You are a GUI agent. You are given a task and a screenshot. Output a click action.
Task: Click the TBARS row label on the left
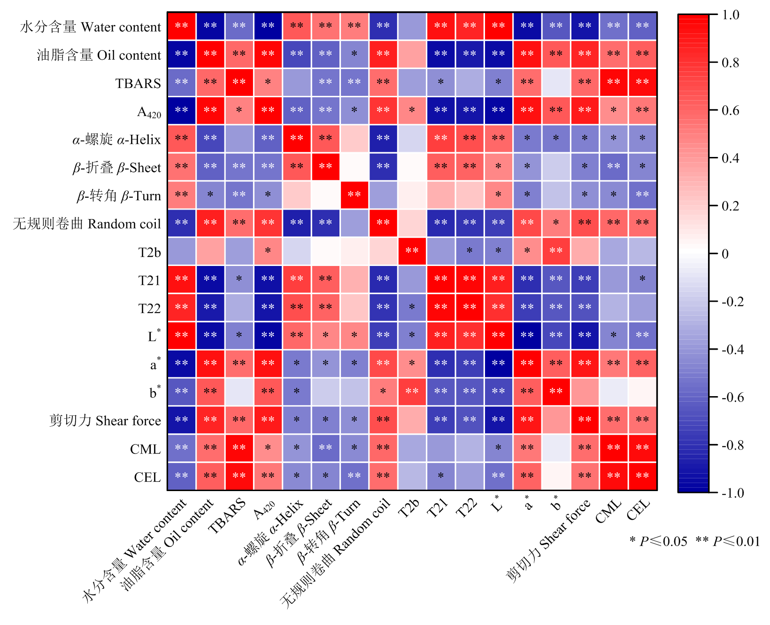coord(138,83)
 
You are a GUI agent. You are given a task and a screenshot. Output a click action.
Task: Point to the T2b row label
coord(149,252)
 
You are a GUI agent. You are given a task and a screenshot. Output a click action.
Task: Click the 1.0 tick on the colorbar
coord(731,15)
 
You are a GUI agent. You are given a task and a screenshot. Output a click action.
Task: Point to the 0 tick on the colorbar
coord(725,254)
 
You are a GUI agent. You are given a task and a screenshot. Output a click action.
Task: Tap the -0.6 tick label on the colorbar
coord(732,398)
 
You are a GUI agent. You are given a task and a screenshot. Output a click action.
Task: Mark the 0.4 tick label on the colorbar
coord(731,158)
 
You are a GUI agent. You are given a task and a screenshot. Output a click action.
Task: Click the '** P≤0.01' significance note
coord(728,541)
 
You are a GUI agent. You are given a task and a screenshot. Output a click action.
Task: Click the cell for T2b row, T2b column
coord(412,251)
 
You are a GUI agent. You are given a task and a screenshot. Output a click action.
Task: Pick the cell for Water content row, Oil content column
coord(210,26)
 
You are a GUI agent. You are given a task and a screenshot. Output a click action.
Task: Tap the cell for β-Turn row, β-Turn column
coord(354,195)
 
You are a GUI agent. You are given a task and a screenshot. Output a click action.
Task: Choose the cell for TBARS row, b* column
coord(556,82)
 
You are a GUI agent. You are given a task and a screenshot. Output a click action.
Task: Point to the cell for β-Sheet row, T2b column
coord(412,166)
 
